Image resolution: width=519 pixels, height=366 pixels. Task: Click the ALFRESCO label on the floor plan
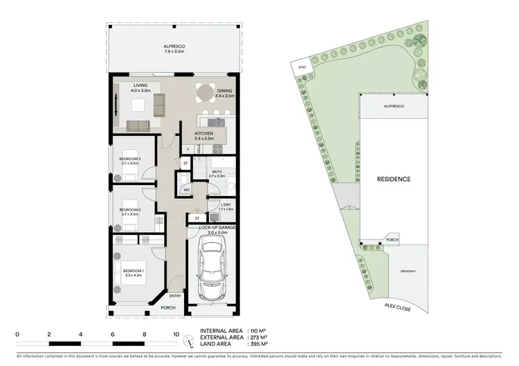coord(174,46)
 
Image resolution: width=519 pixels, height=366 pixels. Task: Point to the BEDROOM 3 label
coord(129,160)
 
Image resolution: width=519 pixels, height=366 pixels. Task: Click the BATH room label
coord(217,172)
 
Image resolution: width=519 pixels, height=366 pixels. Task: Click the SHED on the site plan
coord(302,67)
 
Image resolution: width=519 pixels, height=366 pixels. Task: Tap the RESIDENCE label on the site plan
coord(394,179)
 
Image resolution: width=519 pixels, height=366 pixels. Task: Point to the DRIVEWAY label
coord(408,271)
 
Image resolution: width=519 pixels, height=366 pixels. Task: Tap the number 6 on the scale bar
coord(113,334)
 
